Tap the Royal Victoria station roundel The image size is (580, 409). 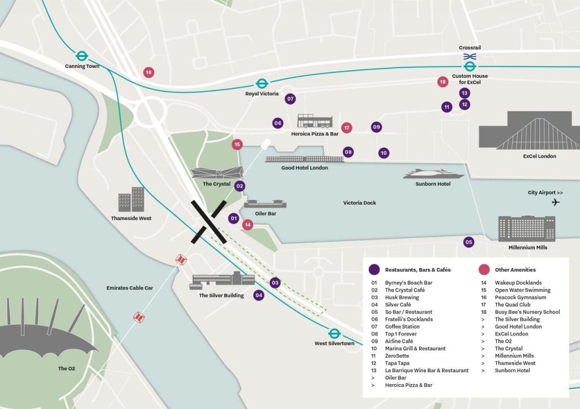[261, 83]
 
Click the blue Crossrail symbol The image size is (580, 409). [470, 56]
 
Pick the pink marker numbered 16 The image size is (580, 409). [148, 73]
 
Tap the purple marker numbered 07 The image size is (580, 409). [291, 99]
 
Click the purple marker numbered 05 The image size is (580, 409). [468, 242]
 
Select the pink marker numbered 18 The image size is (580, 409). [443, 82]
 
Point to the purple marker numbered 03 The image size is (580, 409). [275, 283]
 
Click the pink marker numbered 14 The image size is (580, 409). [248, 225]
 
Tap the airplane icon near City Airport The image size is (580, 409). [555, 202]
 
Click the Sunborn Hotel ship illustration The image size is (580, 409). [433, 174]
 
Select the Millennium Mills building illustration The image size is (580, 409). [526, 228]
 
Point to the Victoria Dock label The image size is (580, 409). [359, 203]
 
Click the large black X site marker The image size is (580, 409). [209, 221]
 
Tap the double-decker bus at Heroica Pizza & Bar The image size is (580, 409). [315, 121]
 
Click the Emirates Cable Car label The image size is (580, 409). [130, 288]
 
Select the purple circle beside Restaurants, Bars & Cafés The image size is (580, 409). [374, 270]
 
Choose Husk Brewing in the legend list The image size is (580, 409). [402, 297]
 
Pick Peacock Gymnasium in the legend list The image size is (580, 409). [520, 297]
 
